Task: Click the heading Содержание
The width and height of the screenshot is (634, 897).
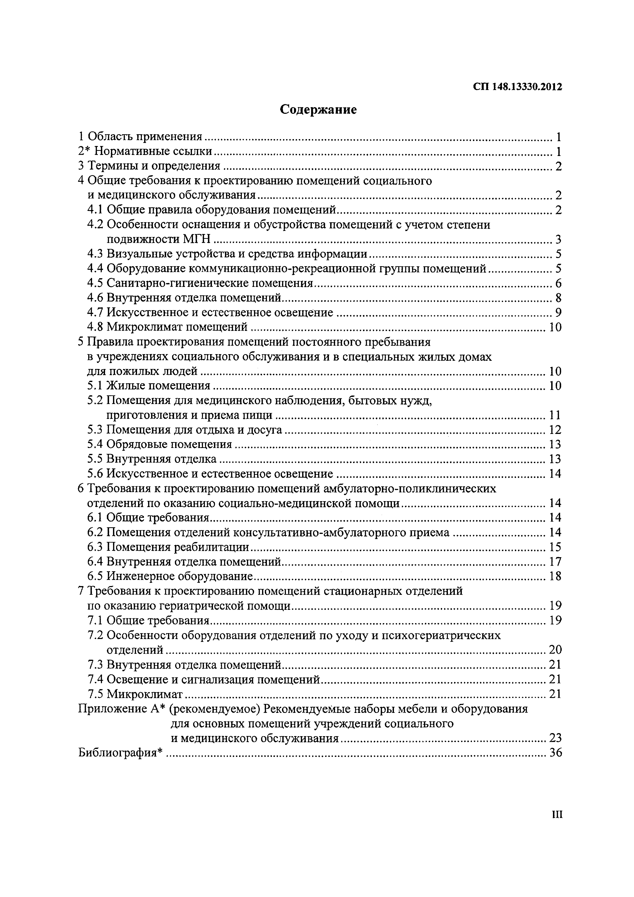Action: pyautogui.click(x=318, y=110)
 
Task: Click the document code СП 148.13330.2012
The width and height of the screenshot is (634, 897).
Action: pyautogui.click(x=518, y=87)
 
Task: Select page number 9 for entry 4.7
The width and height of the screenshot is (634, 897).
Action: pyautogui.click(x=558, y=312)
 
